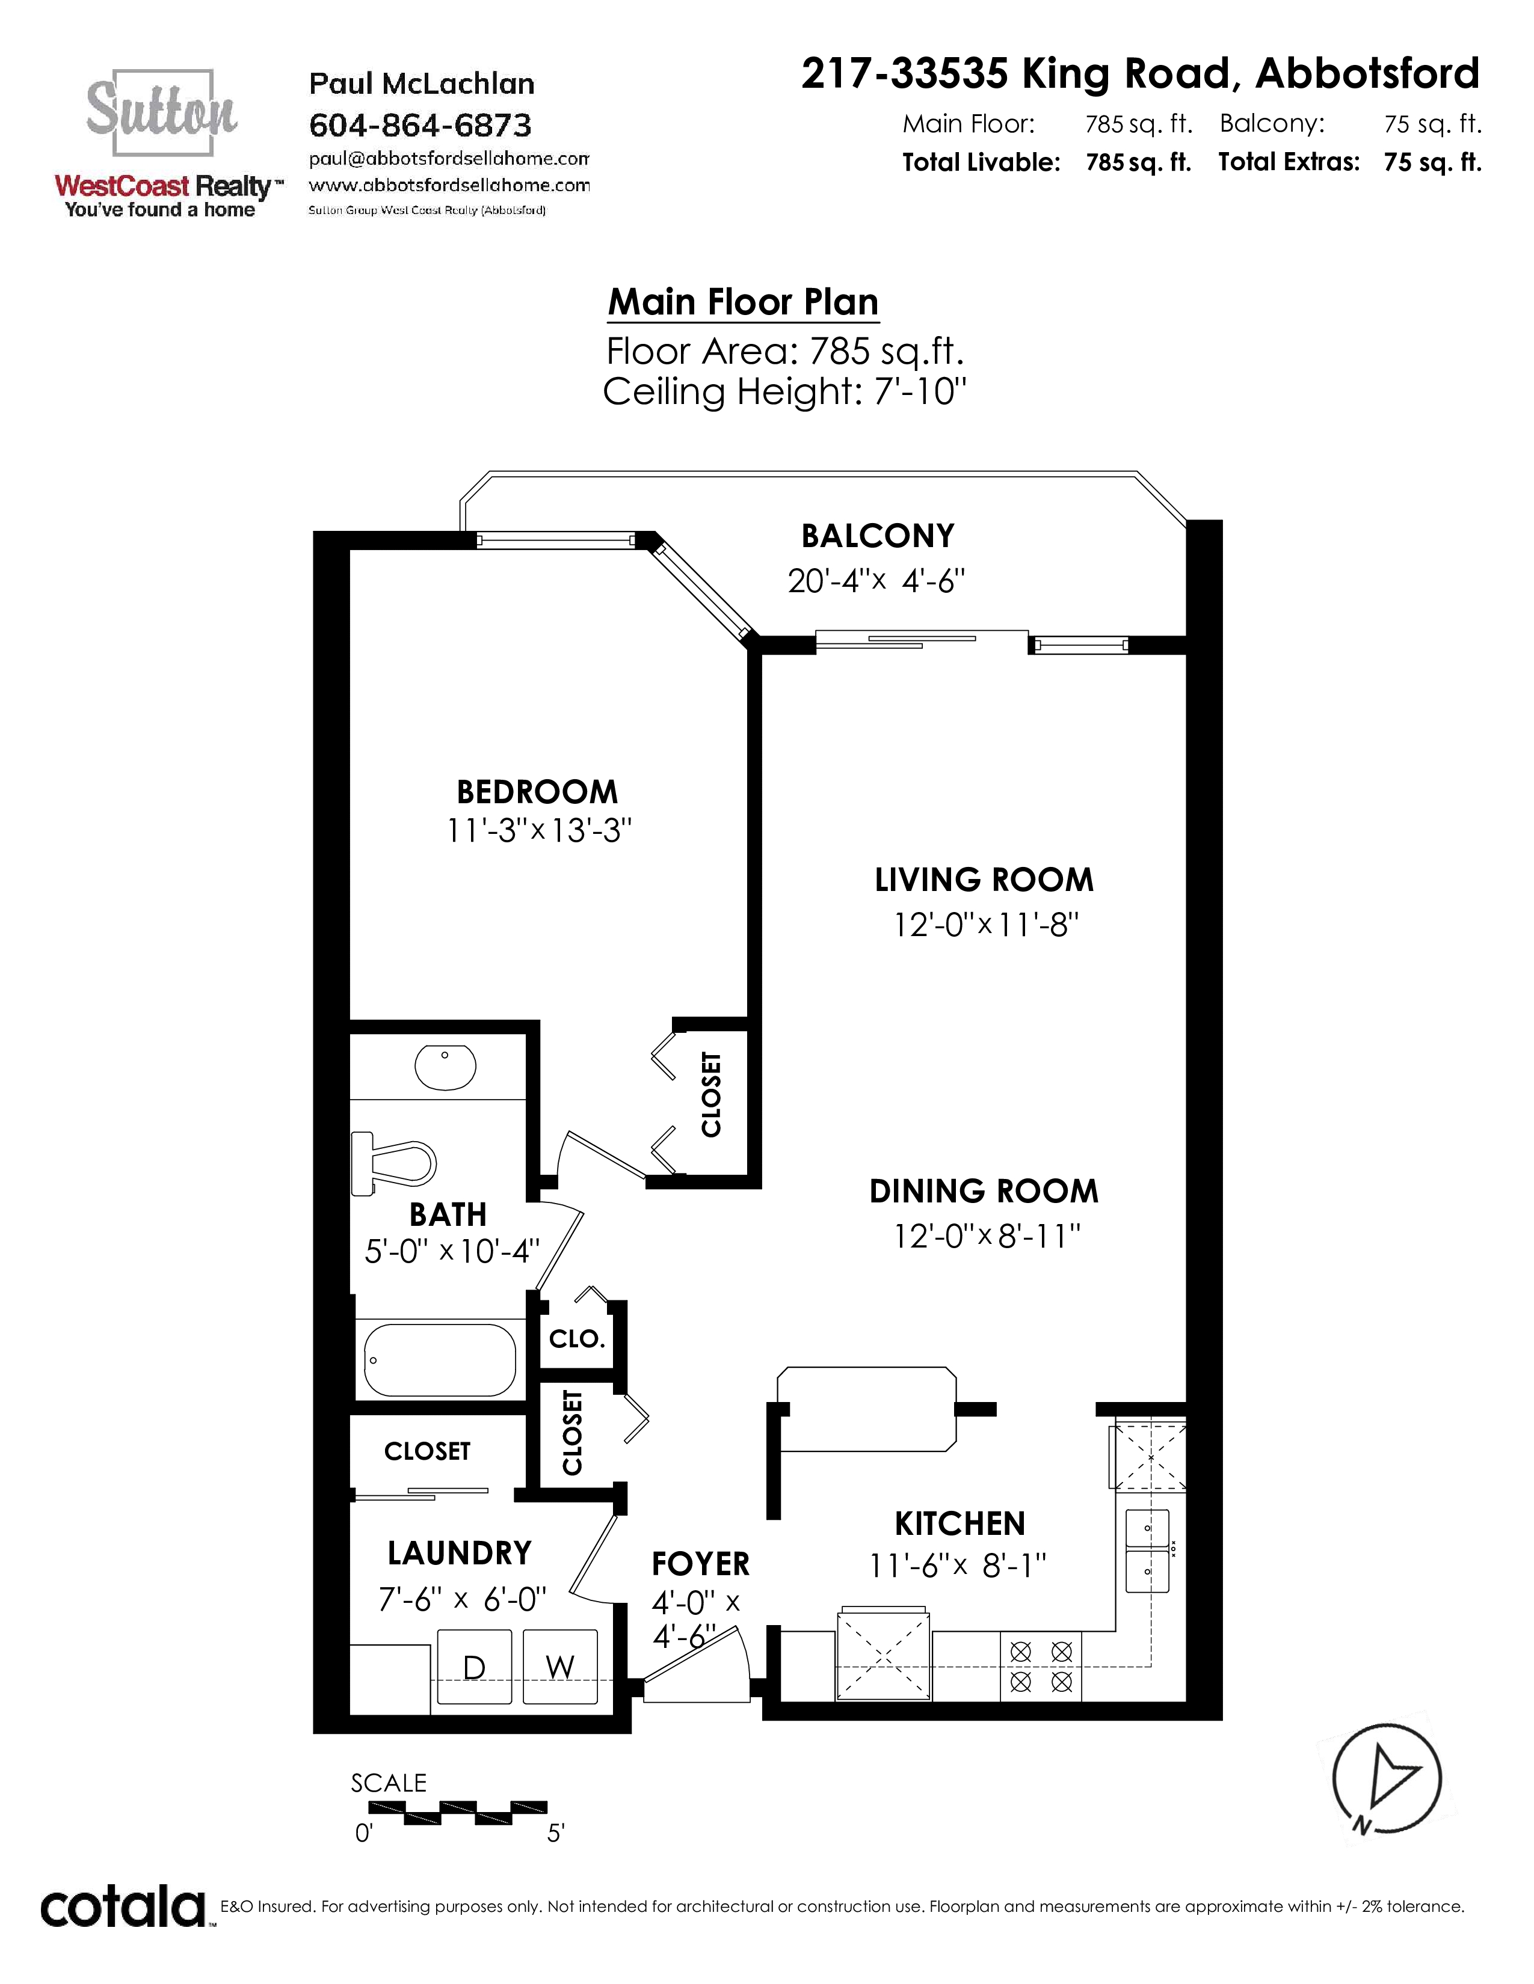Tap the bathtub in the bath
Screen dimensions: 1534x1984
tap(440, 1360)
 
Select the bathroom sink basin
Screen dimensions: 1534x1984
tap(445, 1067)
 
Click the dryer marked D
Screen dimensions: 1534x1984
tap(475, 1667)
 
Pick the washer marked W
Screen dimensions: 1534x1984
tap(560, 1667)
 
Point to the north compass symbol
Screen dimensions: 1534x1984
tap(1387, 1778)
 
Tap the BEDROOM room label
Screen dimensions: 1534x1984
tap(537, 792)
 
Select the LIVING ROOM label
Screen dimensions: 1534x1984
tap(984, 880)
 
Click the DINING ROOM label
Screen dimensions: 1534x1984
tap(984, 1191)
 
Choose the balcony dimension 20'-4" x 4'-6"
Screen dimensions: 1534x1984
tap(876, 581)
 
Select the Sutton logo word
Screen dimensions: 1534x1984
tap(162, 108)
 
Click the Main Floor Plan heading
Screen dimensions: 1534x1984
tap(744, 302)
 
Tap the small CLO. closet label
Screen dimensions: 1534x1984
tap(577, 1339)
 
